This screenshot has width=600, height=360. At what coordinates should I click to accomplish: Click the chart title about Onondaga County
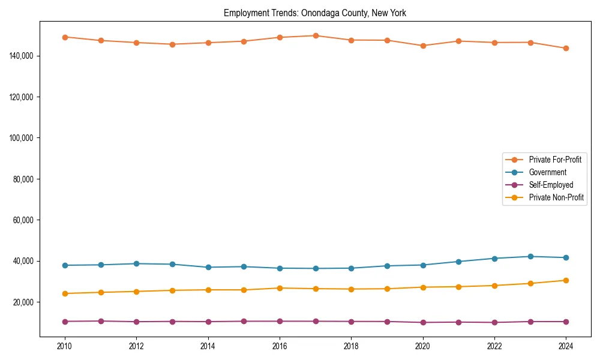[x=315, y=13]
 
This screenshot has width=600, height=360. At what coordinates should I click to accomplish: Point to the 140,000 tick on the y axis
[x=22, y=56]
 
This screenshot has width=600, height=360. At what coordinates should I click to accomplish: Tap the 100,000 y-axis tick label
[x=22, y=138]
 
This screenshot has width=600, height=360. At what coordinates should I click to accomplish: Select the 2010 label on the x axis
[x=65, y=346]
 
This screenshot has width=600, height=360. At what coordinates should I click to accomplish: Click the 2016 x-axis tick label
[x=280, y=346]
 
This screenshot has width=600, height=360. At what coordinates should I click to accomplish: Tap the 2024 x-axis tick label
[x=566, y=346]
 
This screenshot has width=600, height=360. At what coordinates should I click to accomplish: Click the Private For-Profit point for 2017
[x=316, y=35]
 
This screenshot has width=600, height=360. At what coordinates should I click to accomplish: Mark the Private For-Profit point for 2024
[x=566, y=48]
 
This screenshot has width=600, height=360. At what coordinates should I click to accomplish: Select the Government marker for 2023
[x=530, y=256]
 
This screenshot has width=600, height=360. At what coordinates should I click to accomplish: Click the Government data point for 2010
[x=65, y=265]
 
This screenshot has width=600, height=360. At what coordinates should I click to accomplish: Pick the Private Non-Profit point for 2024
[x=566, y=280]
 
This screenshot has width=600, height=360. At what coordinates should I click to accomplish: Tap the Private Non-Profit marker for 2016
[x=280, y=288]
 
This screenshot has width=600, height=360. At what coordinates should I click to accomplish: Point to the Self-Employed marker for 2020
[x=423, y=322]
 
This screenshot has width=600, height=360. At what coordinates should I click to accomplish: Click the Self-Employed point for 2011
[x=101, y=321]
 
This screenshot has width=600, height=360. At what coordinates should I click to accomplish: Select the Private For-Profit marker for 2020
[x=423, y=46]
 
